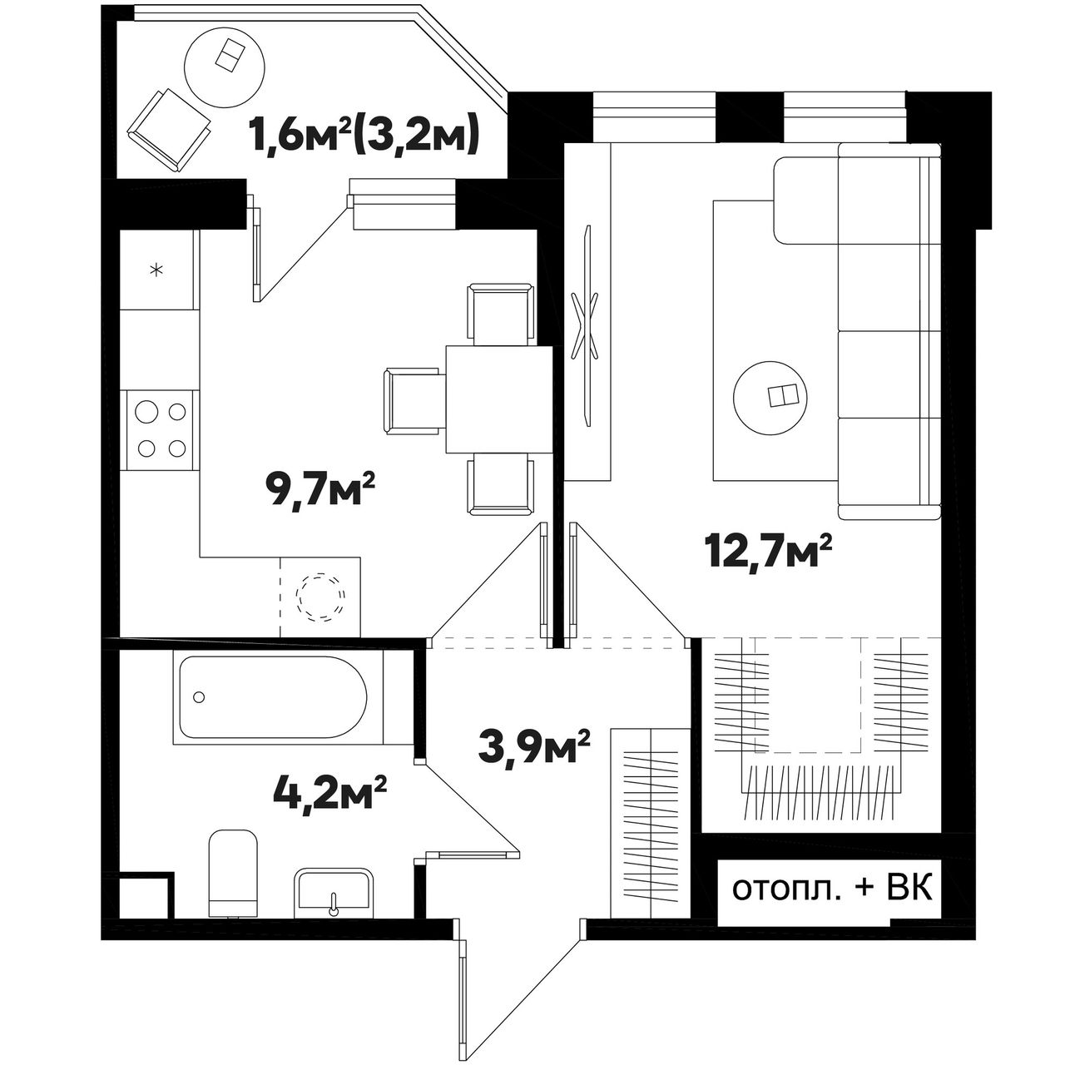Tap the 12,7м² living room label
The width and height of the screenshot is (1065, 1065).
coord(768,553)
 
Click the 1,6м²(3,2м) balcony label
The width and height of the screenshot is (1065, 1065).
coord(363,136)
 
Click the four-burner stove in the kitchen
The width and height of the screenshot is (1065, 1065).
coord(161,430)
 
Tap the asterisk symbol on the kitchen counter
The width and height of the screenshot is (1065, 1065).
coord(157,270)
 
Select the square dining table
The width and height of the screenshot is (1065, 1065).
coord(498,399)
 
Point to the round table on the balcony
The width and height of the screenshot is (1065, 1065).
coord(225,70)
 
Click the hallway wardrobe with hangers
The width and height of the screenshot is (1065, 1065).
coord(651,824)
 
